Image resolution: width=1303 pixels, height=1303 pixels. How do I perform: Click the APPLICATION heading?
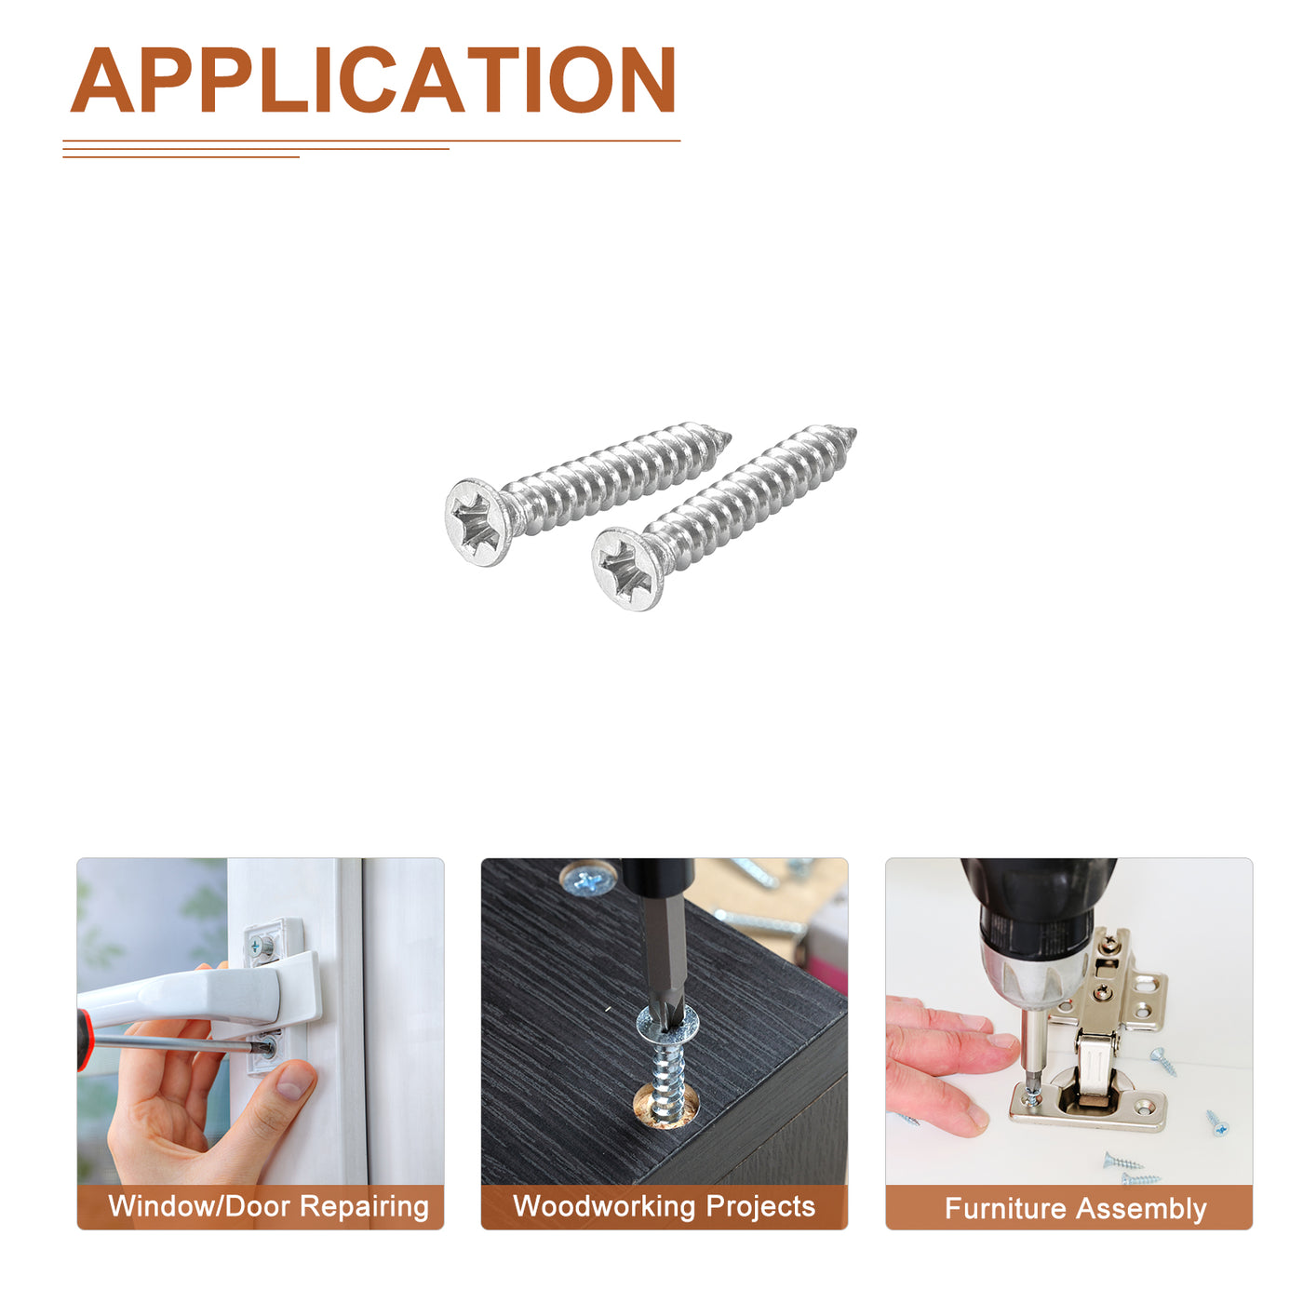[372, 80]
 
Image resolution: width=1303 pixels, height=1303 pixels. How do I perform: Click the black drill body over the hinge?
[1036, 907]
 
